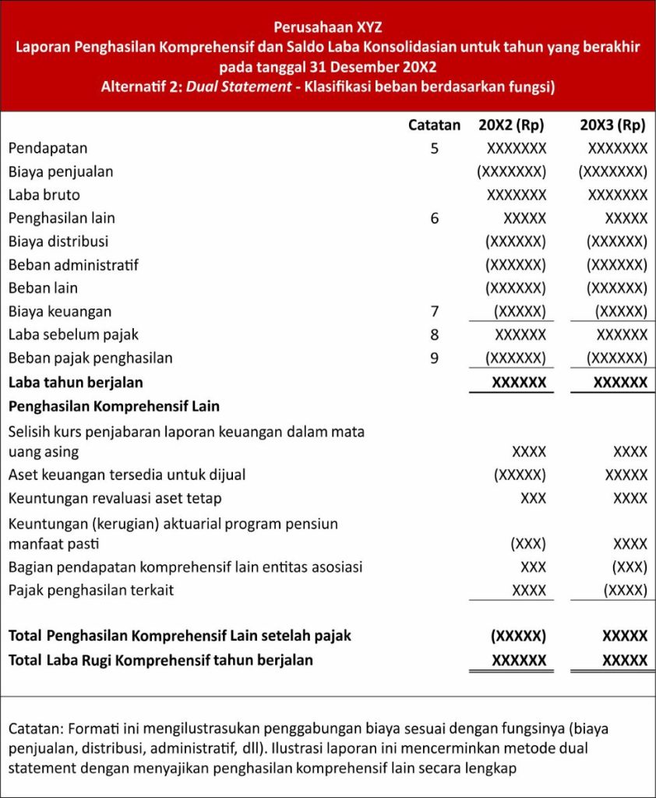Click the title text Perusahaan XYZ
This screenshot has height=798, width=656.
[328, 26]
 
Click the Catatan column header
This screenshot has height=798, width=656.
[434, 125]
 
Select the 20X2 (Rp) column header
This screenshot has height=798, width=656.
[511, 125]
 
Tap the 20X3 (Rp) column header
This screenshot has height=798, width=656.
[613, 125]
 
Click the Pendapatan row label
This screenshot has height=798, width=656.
[48, 148]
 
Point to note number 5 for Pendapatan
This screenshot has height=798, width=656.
[434, 148]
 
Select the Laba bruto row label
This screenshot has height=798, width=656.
[44, 195]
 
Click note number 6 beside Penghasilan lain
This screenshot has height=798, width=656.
[434, 218]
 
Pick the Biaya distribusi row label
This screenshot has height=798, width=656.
[58, 242]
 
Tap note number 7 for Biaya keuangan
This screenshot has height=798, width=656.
[434, 312]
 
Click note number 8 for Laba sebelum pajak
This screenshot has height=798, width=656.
[434, 335]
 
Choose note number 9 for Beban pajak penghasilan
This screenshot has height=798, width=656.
[434, 358]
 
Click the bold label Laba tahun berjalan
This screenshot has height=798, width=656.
[76, 383]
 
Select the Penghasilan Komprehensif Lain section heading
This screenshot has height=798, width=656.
[114, 406]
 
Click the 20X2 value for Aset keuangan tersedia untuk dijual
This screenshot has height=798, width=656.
[520, 475]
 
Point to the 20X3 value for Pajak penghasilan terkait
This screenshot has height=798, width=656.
[625, 590]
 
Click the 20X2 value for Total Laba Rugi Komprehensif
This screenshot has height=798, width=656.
[519, 660]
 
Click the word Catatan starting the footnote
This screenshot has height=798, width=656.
[36, 729]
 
